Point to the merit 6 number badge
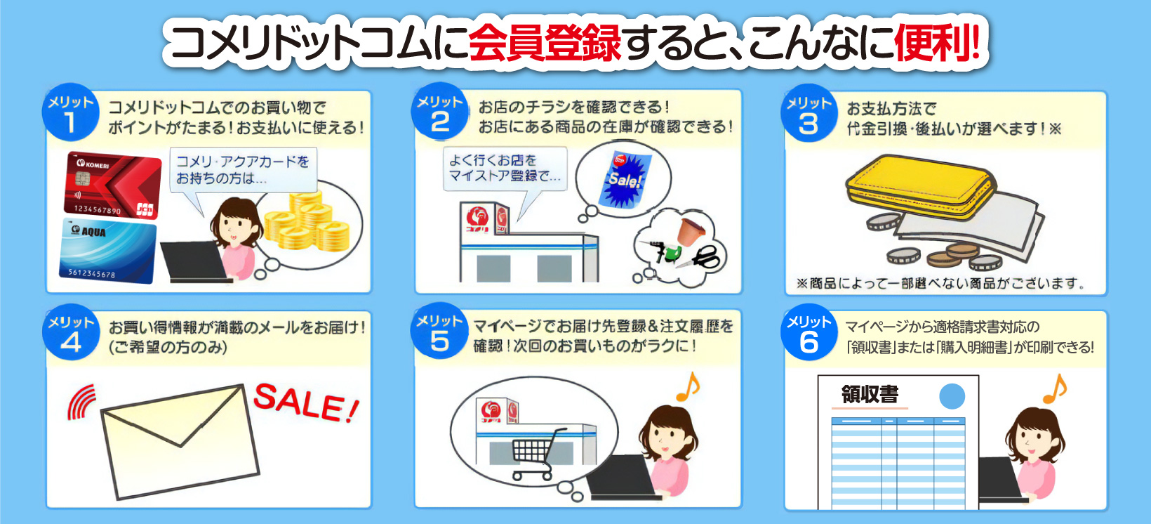(x=809, y=334)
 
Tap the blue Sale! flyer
(x=623, y=180)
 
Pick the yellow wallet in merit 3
(x=919, y=186)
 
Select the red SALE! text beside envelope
(x=307, y=403)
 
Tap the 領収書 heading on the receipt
(x=870, y=395)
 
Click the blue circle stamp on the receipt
(x=952, y=396)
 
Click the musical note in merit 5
(x=688, y=387)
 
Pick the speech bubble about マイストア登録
(x=504, y=169)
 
